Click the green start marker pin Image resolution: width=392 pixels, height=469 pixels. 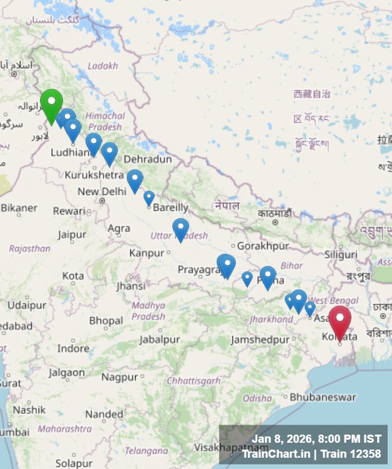(x=51, y=104)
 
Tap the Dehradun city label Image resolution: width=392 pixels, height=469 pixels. (x=147, y=159)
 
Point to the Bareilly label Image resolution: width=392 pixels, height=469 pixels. (x=170, y=207)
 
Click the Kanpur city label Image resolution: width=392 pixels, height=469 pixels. (x=147, y=253)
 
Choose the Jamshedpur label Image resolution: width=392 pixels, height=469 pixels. (x=260, y=340)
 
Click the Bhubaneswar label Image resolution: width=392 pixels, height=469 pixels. (x=323, y=397)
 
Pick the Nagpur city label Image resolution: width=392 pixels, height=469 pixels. (x=119, y=377)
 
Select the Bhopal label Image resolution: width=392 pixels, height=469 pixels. (x=105, y=321)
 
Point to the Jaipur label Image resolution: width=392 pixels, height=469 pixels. (x=72, y=235)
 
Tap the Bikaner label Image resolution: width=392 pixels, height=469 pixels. (x=19, y=208)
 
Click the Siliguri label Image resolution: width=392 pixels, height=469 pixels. (x=341, y=255)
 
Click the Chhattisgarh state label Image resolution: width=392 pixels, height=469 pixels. (x=194, y=381)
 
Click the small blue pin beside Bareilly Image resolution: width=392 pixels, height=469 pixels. (x=149, y=198)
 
